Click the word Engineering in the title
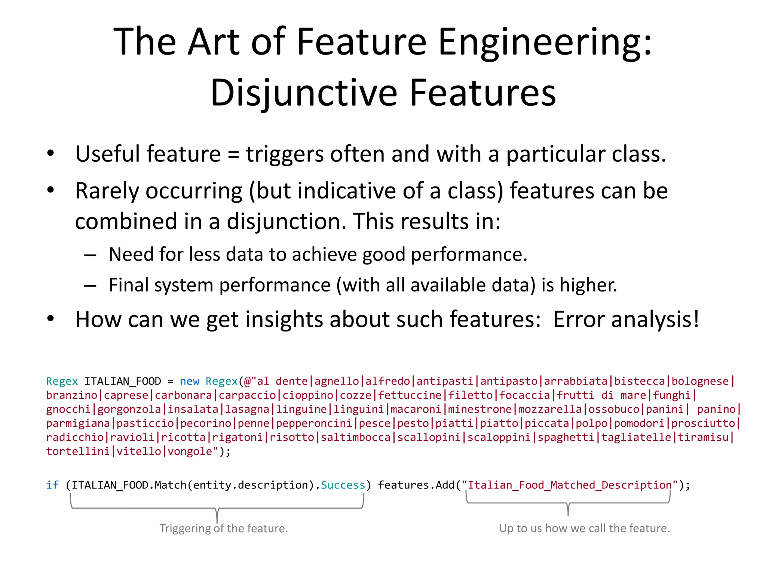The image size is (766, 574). [x=544, y=43]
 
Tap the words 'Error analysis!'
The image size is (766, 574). [x=626, y=320]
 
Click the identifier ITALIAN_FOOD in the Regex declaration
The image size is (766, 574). [x=122, y=381]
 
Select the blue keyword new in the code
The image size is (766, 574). [x=189, y=381]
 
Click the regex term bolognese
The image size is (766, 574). [x=700, y=381]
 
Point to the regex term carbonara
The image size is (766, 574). [x=183, y=395]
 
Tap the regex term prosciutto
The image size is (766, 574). [x=703, y=423]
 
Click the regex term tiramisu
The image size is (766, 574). [x=703, y=437]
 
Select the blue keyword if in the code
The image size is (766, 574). [x=52, y=485]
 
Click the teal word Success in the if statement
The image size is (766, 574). [x=343, y=485]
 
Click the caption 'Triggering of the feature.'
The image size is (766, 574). [x=224, y=528]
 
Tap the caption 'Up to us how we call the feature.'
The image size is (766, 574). [x=584, y=528]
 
